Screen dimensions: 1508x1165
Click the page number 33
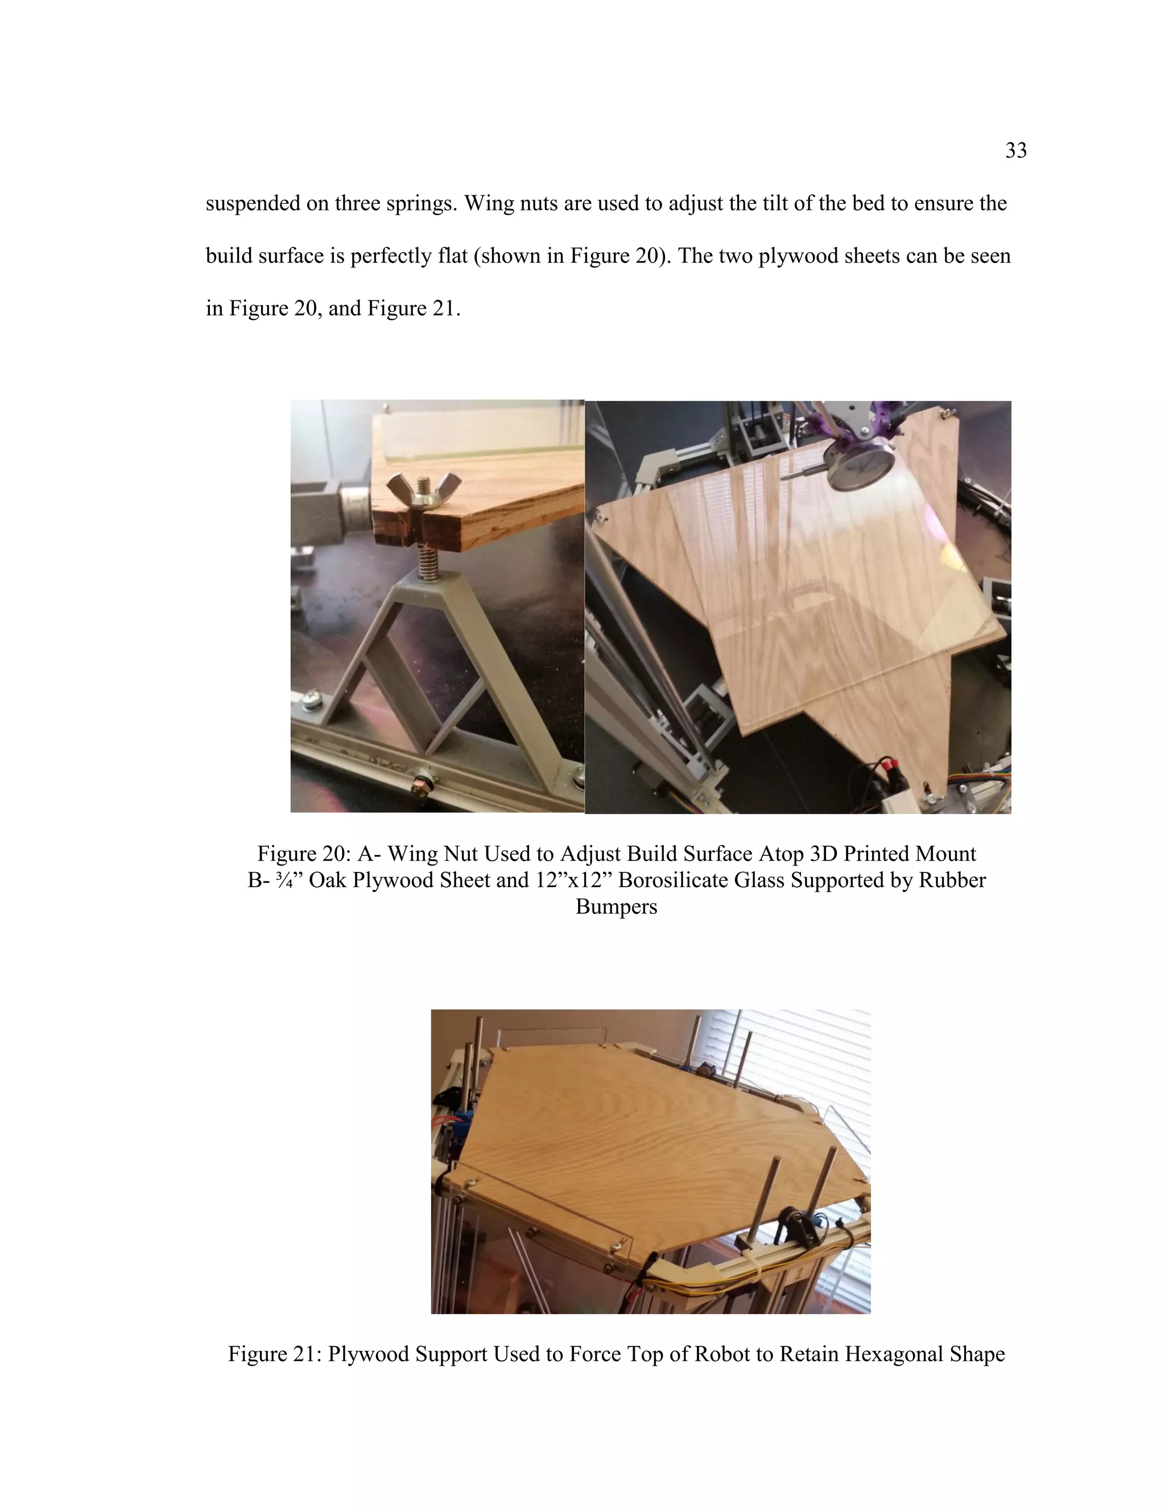[1015, 151]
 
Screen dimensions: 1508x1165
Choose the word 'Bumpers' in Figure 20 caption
[616, 907]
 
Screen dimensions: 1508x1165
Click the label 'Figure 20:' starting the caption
[304, 854]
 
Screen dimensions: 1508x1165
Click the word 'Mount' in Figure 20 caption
[945, 854]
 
